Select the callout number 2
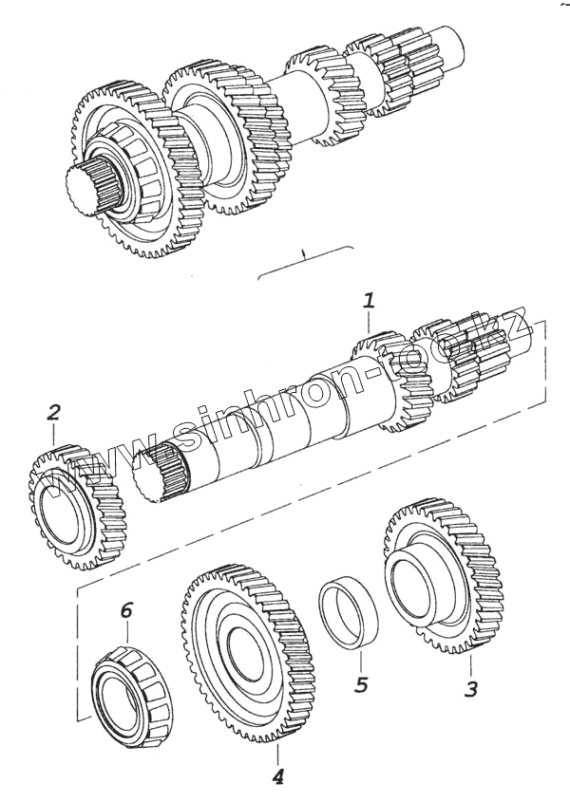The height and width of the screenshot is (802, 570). tap(53, 412)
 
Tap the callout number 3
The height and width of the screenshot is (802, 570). tap(470, 689)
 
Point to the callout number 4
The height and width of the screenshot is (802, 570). tap(277, 777)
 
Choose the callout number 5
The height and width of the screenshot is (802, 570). tap(360, 683)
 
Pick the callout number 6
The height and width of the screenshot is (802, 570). tap(126, 609)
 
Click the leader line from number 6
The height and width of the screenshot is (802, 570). tap(126, 633)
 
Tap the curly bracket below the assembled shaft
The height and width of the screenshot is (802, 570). tap(304, 260)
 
